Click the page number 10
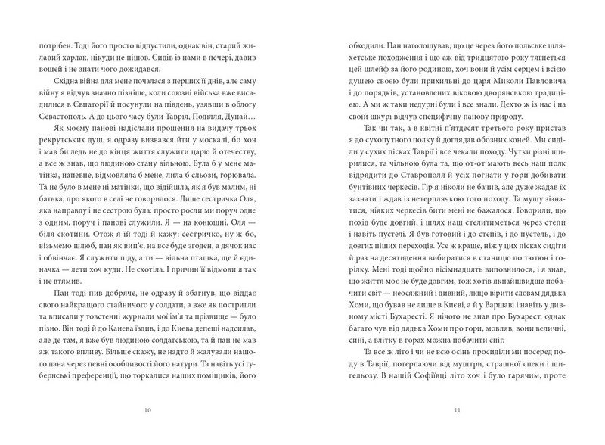click(x=149, y=410)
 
